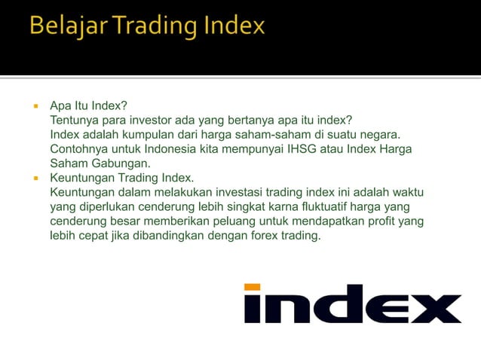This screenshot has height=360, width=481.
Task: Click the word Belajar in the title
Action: coord(64,27)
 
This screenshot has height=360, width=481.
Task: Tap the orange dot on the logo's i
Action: coord(253,287)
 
